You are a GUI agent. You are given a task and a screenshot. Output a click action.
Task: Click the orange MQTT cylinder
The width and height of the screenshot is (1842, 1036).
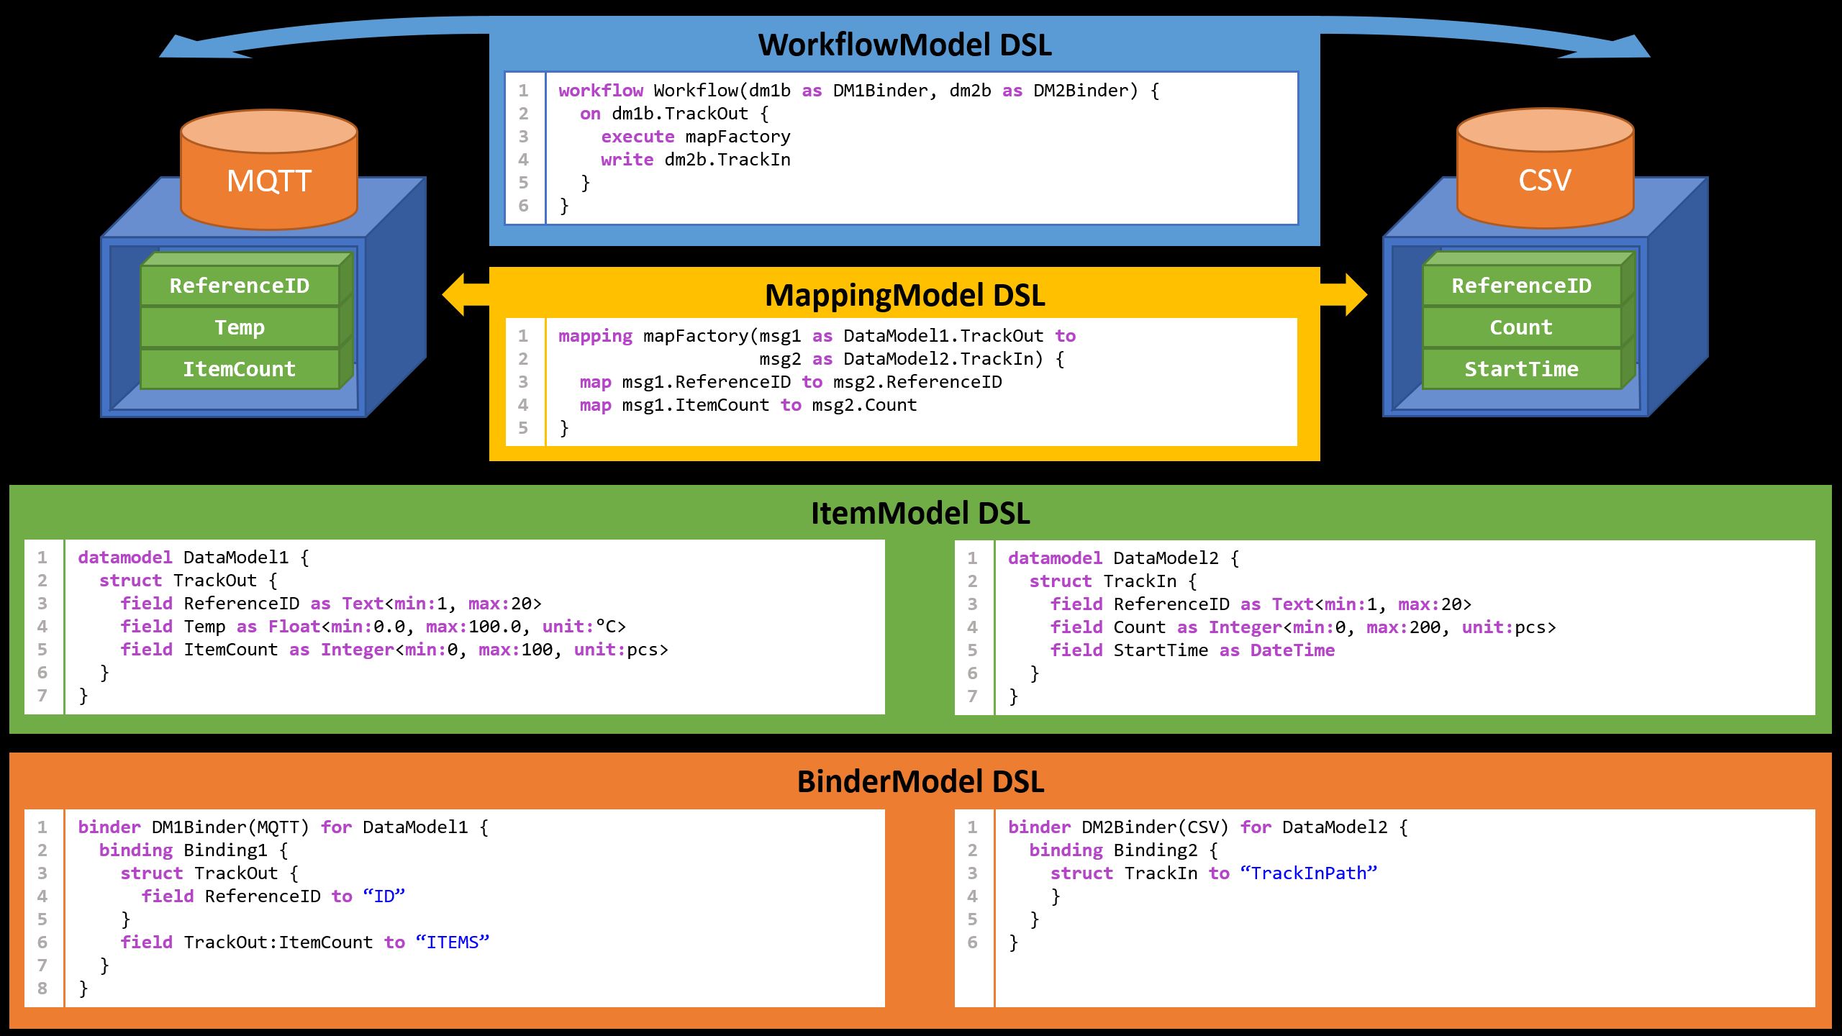tap(268, 180)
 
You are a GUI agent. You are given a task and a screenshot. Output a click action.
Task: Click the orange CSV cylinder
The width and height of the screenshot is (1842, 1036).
tap(1545, 180)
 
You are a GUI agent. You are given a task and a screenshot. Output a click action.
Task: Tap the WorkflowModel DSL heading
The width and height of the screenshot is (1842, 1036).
tap(904, 45)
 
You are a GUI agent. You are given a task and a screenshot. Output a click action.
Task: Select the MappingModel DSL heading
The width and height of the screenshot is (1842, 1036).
tap(904, 295)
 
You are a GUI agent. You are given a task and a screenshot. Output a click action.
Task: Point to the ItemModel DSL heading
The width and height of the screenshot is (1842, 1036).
tap(920, 513)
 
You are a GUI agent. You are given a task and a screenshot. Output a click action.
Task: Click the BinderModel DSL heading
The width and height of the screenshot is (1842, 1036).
tap(920, 782)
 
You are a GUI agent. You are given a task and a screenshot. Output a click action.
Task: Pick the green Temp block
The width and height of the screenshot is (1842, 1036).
tap(240, 327)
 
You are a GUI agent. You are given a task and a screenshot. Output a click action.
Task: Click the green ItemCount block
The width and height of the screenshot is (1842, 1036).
tap(240, 369)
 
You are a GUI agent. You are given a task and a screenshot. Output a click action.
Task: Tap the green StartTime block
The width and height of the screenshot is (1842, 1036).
tap(1521, 369)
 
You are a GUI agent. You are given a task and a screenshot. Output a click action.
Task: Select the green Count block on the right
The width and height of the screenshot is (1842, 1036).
tap(1521, 327)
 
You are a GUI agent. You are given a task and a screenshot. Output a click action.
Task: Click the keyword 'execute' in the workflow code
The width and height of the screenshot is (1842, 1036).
tap(638, 137)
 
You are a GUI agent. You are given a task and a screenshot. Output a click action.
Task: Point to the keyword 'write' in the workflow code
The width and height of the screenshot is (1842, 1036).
tap(627, 160)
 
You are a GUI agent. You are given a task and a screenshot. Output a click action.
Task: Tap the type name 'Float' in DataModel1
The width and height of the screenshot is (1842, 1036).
tap(294, 627)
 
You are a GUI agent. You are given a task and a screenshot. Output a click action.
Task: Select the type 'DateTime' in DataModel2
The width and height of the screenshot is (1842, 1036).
tap(1292, 650)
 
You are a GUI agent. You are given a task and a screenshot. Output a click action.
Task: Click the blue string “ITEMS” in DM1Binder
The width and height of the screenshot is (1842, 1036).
tap(453, 942)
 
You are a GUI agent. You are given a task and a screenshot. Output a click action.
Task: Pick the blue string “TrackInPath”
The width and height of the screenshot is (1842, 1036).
tap(1309, 873)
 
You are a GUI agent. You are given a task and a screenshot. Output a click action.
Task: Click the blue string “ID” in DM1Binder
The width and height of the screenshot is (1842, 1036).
tap(384, 896)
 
